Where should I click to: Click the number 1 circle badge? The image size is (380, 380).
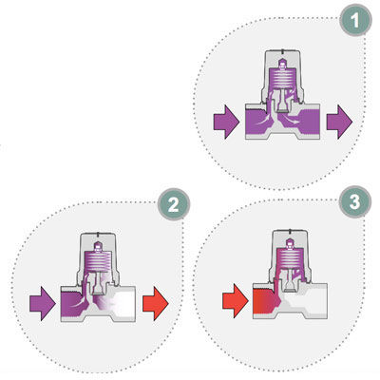(355, 21)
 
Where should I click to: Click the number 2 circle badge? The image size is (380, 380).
(174, 204)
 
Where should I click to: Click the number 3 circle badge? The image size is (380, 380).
(355, 201)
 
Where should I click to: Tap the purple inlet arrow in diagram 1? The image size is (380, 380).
(226, 122)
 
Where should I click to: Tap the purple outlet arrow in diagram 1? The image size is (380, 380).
(339, 122)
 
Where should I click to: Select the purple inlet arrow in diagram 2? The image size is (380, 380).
(43, 304)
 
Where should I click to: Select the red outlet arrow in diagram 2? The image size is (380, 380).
(155, 304)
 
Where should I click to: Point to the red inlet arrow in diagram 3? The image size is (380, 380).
(236, 301)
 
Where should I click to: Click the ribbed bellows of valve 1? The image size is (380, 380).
(282, 78)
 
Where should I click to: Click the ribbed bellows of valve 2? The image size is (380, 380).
(98, 261)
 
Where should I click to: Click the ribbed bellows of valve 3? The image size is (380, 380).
(290, 258)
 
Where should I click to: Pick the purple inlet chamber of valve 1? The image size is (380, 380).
(257, 122)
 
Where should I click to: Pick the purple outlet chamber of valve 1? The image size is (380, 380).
(306, 122)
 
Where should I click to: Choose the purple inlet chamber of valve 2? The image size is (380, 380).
(72, 304)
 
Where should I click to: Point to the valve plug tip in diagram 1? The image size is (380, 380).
(281, 108)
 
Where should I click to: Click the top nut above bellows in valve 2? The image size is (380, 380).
(98, 246)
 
